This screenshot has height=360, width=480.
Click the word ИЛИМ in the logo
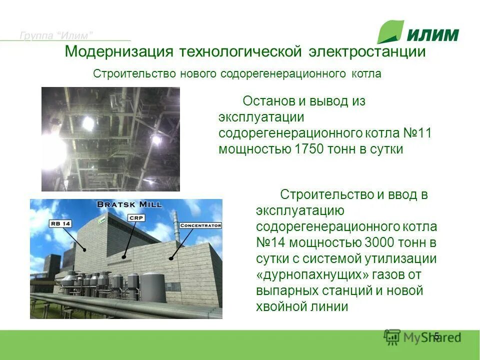[432, 35]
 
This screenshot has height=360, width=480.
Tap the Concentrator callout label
[200, 225]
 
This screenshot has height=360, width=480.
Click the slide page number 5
[436, 336]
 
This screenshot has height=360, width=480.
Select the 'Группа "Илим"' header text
[56, 35]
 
